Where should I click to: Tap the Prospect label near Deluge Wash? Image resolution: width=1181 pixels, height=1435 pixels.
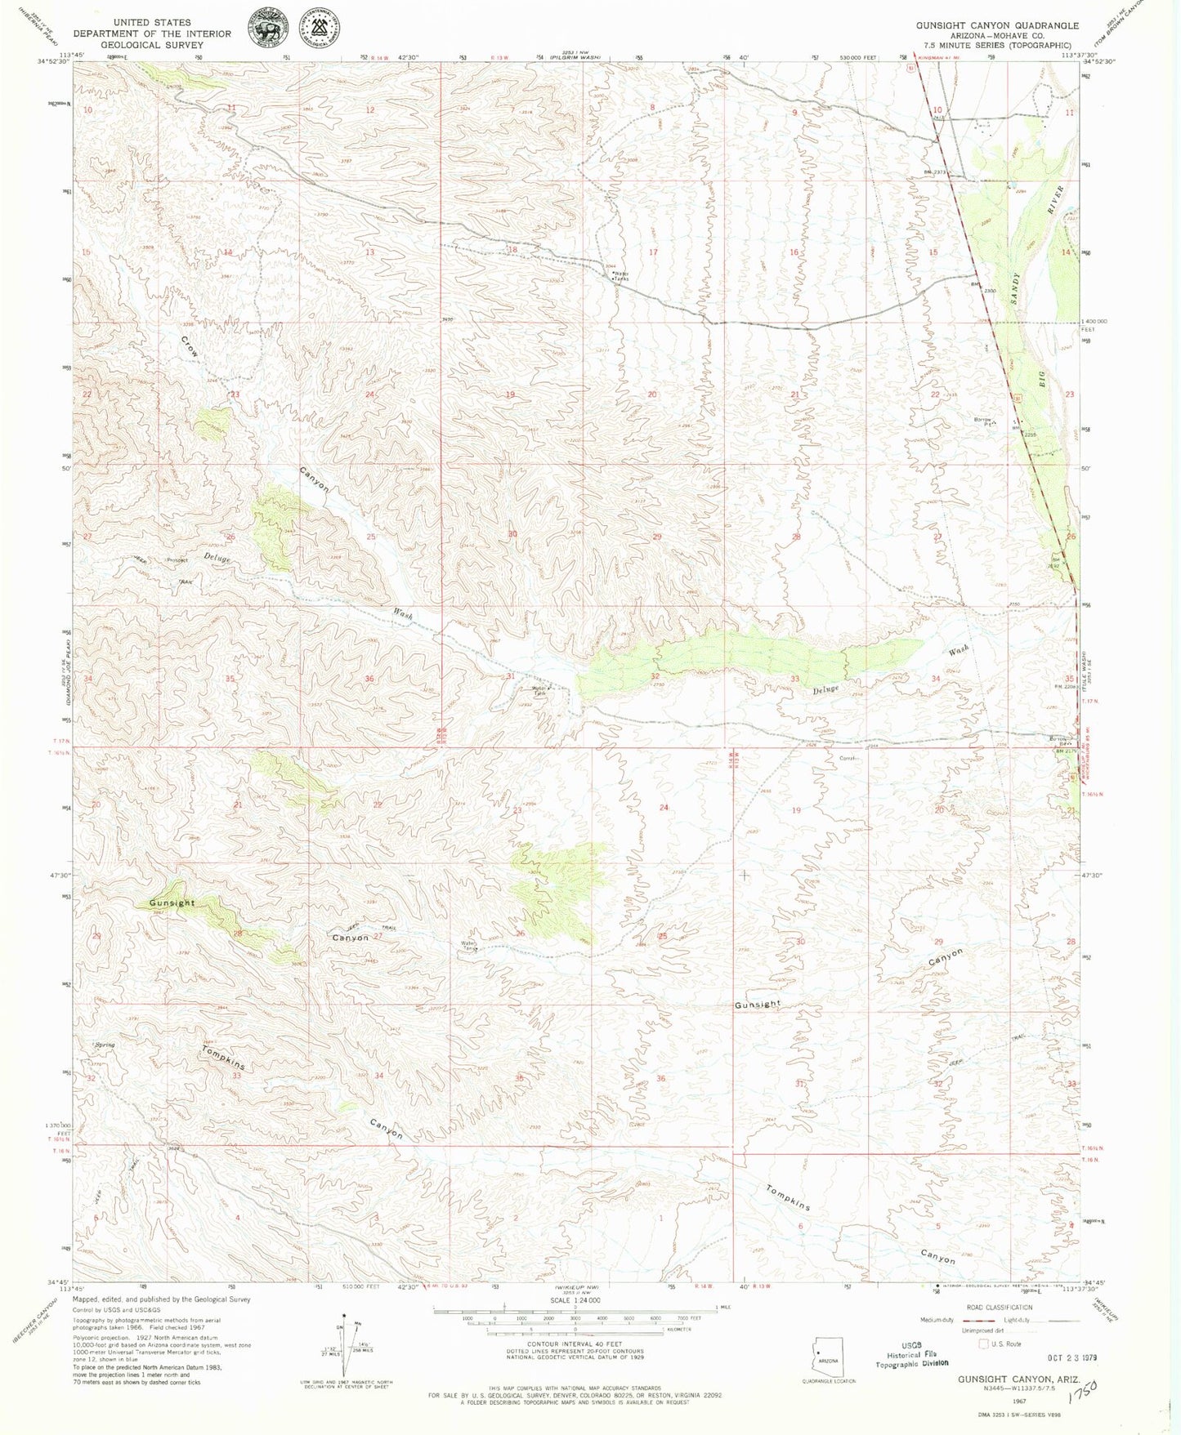coord(177,560)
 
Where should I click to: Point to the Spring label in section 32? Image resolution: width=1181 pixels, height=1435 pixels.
coord(105,1045)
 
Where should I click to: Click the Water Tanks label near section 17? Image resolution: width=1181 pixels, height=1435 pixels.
coord(621,276)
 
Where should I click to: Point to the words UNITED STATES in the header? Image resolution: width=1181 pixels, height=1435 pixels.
coord(152,23)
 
